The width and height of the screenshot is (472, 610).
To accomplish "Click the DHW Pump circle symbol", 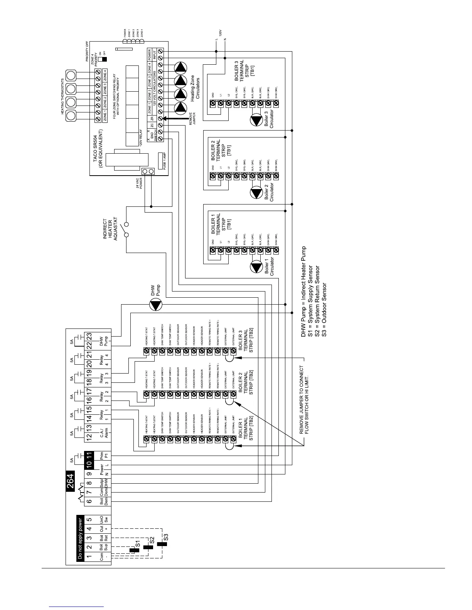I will (x=156, y=305).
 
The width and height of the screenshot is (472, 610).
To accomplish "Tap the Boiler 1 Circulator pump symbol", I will (x=256, y=267).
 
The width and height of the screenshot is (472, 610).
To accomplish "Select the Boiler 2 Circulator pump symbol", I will (x=256, y=192).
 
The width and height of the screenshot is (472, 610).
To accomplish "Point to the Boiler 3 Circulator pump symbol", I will (x=256, y=120).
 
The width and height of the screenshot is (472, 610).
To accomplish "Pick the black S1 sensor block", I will (x=134, y=550).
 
